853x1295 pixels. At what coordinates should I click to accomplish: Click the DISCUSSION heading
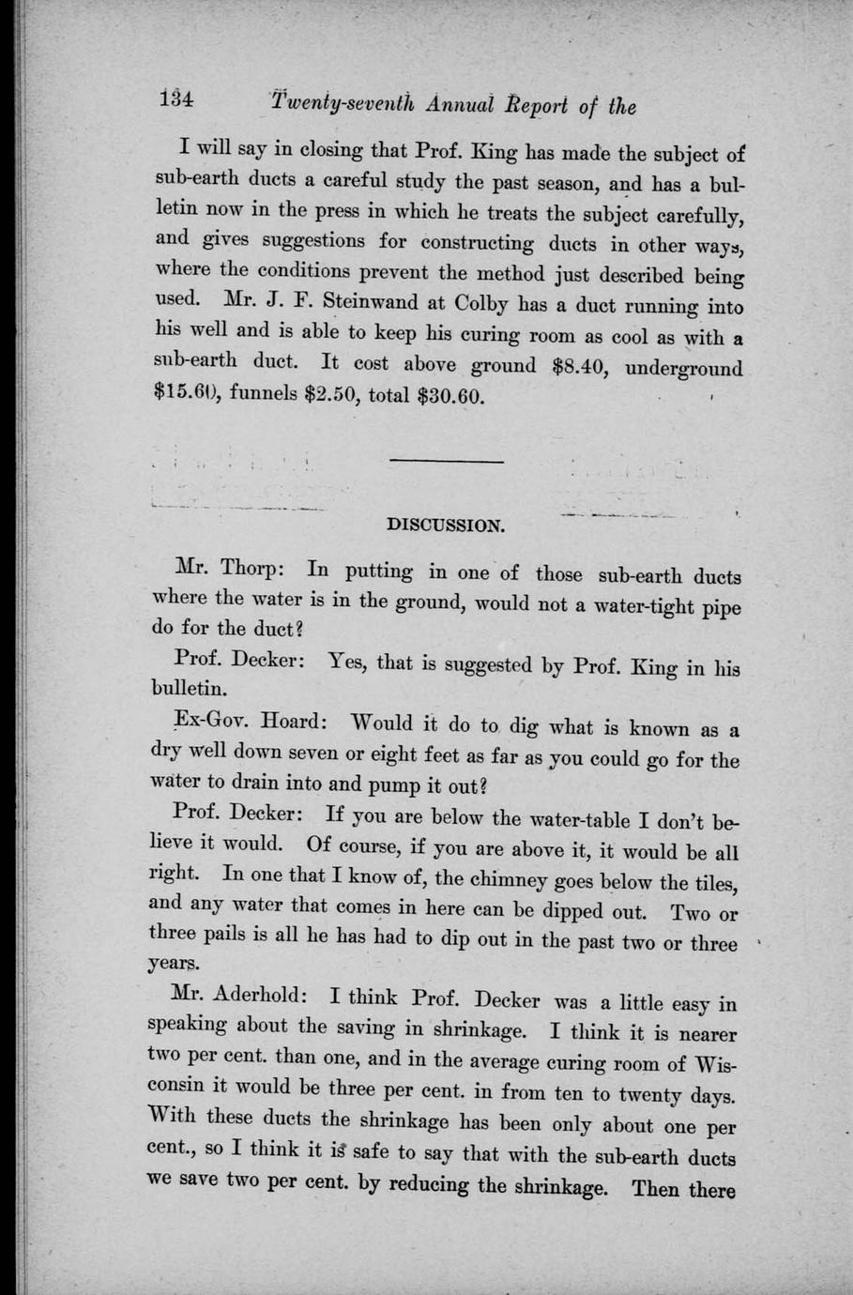[446, 526]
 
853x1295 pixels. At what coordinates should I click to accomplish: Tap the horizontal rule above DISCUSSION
[446, 461]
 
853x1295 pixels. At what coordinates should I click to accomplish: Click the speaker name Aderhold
[259, 997]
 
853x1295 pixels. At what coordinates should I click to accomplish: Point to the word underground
[683, 367]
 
